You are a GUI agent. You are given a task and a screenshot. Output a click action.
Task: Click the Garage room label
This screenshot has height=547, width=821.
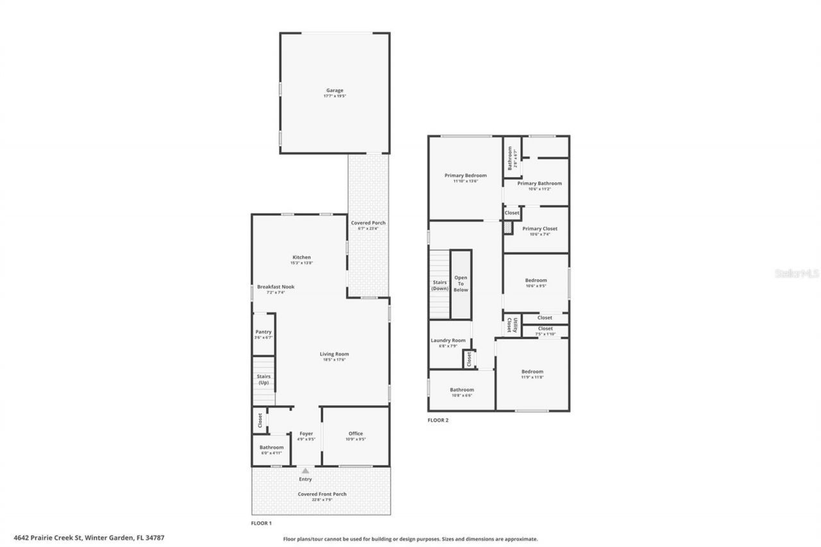334,90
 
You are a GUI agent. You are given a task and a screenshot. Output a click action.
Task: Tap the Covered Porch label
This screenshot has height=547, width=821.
368,223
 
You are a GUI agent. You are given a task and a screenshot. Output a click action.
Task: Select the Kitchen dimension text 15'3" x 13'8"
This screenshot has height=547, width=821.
301,263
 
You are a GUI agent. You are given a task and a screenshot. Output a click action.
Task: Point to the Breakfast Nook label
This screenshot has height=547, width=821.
276,287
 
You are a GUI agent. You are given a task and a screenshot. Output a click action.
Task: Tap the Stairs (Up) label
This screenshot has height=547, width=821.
263,379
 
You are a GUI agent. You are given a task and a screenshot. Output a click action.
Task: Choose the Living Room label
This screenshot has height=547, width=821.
334,354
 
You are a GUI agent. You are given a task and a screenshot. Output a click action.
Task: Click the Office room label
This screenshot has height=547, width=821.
355,433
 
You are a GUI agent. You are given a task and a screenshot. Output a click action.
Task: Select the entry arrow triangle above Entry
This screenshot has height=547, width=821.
305,471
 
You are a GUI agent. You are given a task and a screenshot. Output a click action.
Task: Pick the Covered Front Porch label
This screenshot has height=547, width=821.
322,494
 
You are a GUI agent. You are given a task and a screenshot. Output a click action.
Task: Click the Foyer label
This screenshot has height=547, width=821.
306,433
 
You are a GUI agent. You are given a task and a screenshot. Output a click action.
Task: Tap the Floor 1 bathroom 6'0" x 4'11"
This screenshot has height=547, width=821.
271,450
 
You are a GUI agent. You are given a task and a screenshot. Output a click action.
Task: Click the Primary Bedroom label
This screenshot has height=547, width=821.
466,175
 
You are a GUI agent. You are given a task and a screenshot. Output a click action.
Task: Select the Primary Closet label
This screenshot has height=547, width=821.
539,228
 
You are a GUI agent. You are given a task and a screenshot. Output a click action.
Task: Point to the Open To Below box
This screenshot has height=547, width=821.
461,284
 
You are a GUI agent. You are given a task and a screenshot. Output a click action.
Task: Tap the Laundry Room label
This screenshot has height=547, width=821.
448,341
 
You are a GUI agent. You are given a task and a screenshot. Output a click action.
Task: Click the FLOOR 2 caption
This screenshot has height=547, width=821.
438,420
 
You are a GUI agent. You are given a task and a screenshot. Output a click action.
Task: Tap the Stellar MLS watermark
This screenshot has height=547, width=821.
797,273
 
